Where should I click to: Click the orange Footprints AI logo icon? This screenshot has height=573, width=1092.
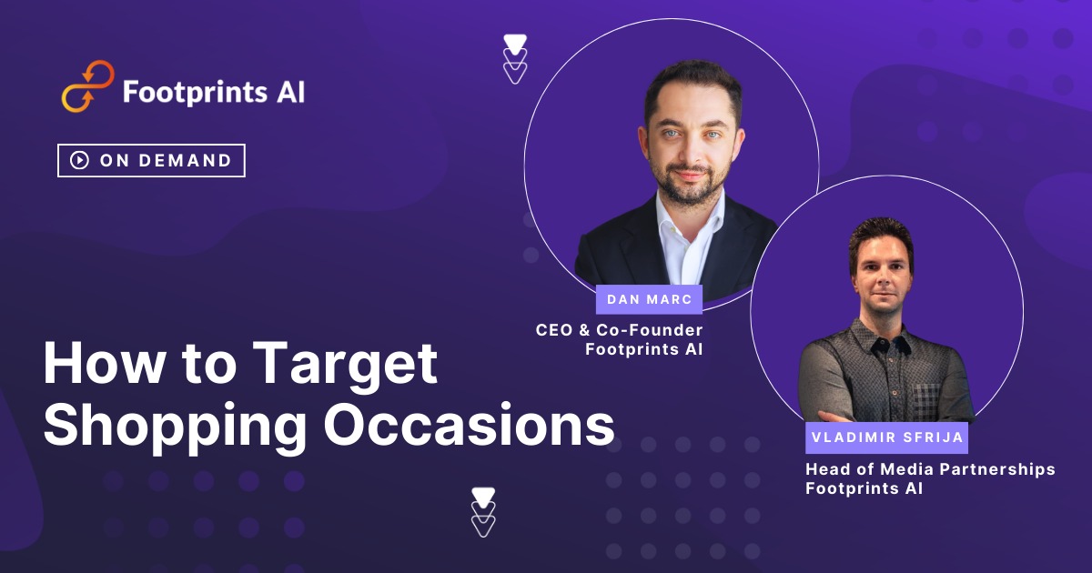pos(87,86)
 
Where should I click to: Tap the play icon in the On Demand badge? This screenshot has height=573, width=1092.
pos(80,160)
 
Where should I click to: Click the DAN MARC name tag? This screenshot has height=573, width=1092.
pos(649,300)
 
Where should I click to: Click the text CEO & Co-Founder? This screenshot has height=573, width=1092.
pos(619,329)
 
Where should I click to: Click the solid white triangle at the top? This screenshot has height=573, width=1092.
pos(515,42)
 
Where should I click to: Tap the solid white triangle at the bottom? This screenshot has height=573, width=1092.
pos(483,496)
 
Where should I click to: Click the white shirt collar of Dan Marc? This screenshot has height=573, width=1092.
pos(678,227)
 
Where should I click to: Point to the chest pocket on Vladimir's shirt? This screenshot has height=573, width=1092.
pos(925,400)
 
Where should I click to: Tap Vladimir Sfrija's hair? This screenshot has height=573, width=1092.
pos(880,235)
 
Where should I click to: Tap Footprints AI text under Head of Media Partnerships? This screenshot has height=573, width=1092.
pos(864,488)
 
